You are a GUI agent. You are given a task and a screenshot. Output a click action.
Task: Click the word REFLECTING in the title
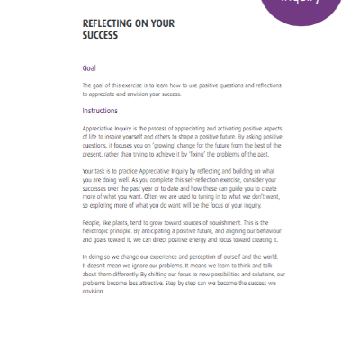pos(111,25)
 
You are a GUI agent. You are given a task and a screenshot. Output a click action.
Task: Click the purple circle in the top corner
pos(306,9)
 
